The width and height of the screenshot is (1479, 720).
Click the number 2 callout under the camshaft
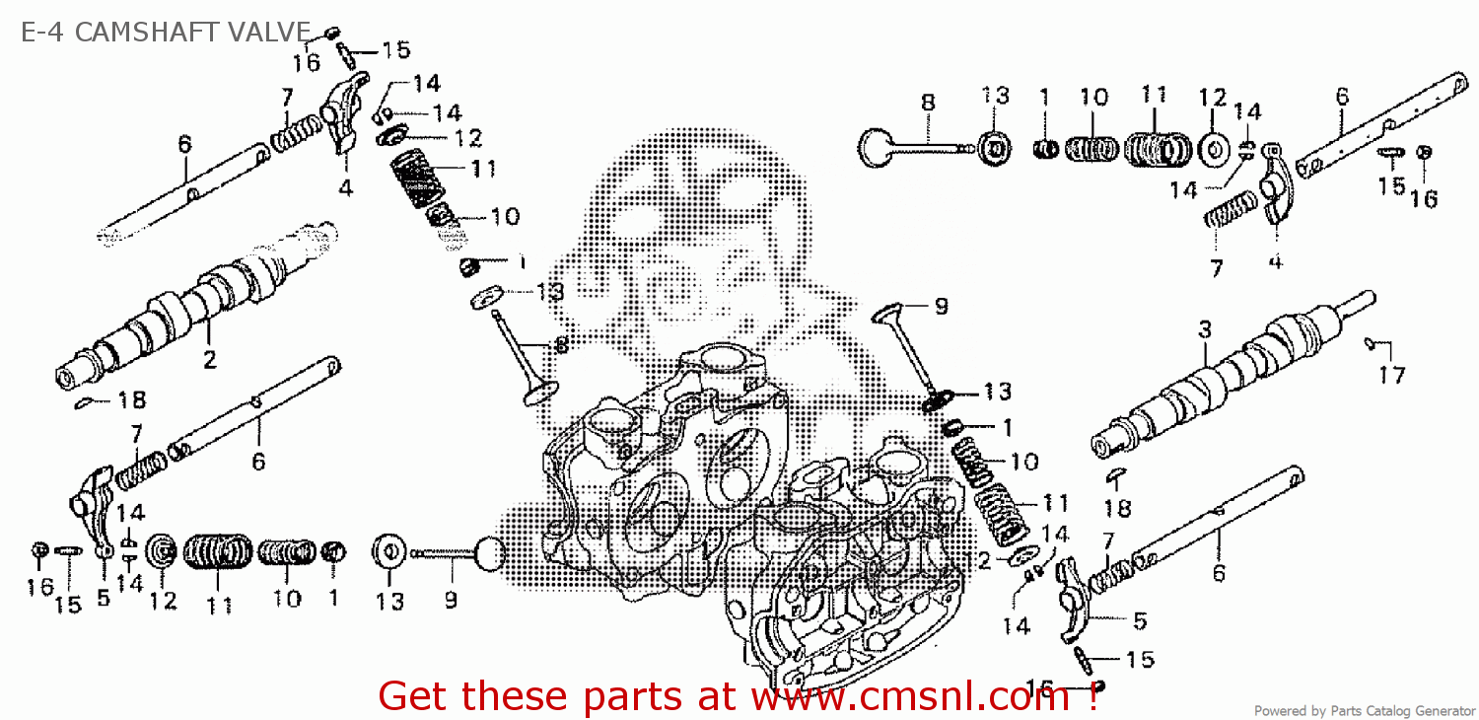(x=209, y=361)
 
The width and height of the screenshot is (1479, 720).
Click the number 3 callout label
(x=1204, y=330)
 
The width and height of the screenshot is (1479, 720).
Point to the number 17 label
(x=1392, y=375)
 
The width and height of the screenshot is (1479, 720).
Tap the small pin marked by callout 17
(x=1371, y=342)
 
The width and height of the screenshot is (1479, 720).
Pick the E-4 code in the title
(x=44, y=33)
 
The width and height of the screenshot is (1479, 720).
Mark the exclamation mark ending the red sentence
(x=1093, y=696)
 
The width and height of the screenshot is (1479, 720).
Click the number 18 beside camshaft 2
(x=131, y=399)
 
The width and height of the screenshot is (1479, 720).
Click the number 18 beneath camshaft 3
(x=1117, y=509)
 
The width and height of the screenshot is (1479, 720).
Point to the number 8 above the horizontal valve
(x=927, y=102)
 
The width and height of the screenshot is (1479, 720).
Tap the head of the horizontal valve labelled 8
(x=875, y=147)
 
